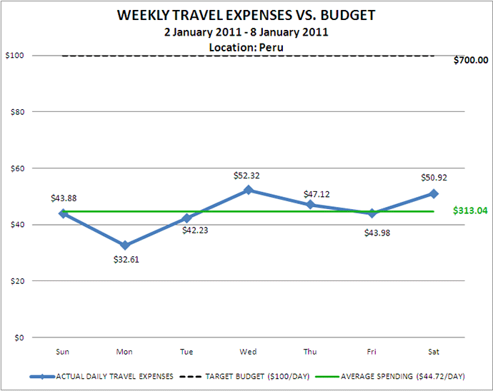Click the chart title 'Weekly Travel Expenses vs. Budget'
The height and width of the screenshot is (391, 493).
247,16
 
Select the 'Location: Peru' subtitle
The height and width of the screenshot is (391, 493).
246,46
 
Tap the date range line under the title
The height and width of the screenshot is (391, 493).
246,31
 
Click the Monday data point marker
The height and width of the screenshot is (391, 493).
125,245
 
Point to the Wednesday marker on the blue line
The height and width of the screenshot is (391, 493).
248,190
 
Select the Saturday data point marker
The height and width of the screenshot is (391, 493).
433,193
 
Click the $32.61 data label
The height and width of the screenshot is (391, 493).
126,260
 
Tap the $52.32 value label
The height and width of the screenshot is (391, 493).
247,175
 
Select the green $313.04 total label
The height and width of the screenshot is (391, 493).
470,211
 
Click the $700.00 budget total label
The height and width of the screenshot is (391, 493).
471,60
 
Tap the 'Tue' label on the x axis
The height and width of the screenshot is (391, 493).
186,350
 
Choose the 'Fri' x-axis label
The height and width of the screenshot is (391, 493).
372,350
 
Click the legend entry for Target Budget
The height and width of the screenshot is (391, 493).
245,375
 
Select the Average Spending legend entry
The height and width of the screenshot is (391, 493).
403,375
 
